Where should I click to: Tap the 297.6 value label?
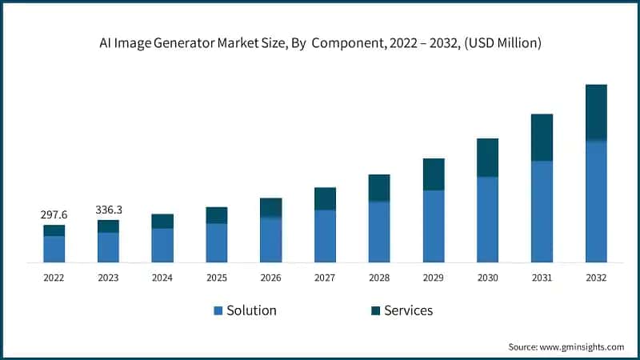click(x=54, y=215)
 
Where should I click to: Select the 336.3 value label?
click(x=108, y=210)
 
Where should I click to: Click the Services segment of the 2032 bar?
click(x=596, y=113)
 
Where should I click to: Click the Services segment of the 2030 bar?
click(x=487, y=158)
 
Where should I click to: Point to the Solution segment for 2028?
click(x=379, y=231)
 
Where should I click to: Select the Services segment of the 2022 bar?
click(x=54, y=230)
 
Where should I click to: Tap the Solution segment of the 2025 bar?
click(x=216, y=242)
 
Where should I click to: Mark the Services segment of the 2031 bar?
click(x=542, y=138)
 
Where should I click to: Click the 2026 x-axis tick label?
click(x=270, y=278)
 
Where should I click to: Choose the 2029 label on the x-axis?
click(x=433, y=278)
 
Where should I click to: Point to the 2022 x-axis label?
click(x=54, y=278)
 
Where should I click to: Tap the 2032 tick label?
click(x=596, y=278)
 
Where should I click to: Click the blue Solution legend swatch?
click(x=218, y=310)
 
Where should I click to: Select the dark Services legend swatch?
click(x=373, y=310)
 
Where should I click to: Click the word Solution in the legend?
click(x=250, y=310)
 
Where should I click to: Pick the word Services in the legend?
click(x=407, y=310)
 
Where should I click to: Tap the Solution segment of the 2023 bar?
click(x=108, y=247)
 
